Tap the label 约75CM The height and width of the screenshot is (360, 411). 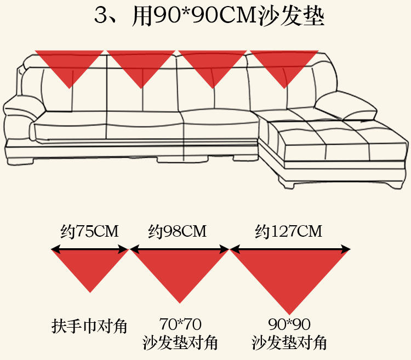click(x=89, y=231)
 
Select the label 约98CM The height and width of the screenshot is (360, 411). click(x=178, y=231)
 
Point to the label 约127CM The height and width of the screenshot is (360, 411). click(x=289, y=231)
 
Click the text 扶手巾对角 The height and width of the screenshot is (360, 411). click(x=89, y=327)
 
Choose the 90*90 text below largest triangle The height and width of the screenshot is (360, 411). click(x=289, y=324)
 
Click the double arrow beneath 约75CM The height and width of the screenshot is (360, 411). click(x=89, y=250)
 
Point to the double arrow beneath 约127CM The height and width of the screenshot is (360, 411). click(x=290, y=250)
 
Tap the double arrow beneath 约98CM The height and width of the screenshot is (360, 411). click(x=179, y=250)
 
